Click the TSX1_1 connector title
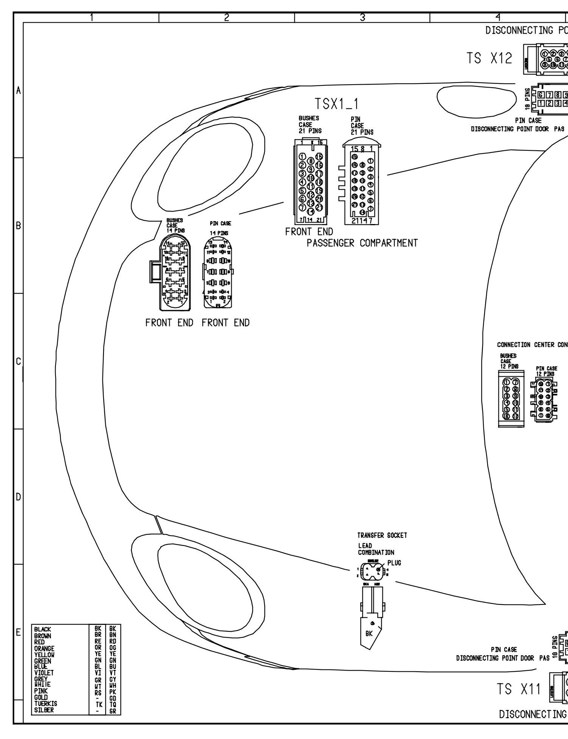[x=337, y=105]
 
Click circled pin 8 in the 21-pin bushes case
[x=311, y=161]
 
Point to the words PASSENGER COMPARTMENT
[x=362, y=243]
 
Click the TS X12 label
[x=489, y=59]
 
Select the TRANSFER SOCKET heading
[x=382, y=536]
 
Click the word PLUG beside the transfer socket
[x=394, y=563]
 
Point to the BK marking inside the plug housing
[x=369, y=634]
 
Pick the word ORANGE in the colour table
[x=44, y=648]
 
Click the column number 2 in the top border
[x=226, y=17]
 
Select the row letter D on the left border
[x=18, y=497]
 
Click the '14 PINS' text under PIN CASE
[x=219, y=233]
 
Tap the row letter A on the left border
[x=18, y=91]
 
